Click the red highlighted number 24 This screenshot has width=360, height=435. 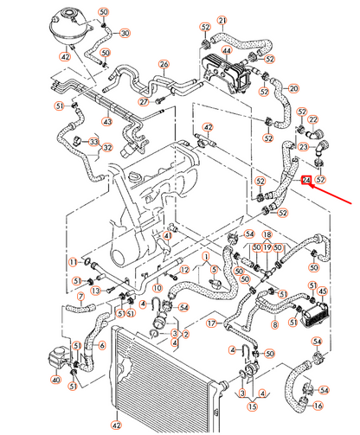tap(306, 180)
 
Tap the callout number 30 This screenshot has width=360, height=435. tap(125, 33)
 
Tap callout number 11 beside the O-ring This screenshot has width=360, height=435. tap(73, 261)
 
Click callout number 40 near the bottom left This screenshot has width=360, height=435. tap(56, 379)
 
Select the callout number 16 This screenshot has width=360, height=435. tap(318, 405)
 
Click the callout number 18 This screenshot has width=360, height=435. tap(267, 234)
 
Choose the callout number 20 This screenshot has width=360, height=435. tap(293, 88)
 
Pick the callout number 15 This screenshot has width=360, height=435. tap(253, 405)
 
